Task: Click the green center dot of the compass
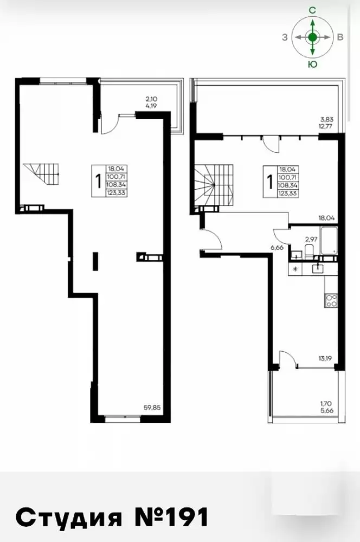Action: pyautogui.click(x=313, y=37)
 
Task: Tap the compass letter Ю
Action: pyautogui.click(x=313, y=64)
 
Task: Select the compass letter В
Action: pyautogui.click(x=340, y=37)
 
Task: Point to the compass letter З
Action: pyautogui.click(x=285, y=37)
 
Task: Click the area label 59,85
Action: pyautogui.click(x=152, y=407)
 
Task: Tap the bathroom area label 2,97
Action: pyautogui.click(x=311, y=238)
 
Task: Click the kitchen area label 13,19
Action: pyautogui.click(x=325, y=358)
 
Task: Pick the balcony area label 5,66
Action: pyautogui.click(x=326, y=411)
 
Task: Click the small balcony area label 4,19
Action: pyautogui.click(x=151, y=106)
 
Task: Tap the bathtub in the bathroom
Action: pyautogui.click(x=329, y=241)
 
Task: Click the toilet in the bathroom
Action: pyautogui.click(x=309, y=250)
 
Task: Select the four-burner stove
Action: pyautogui.click(x=331, y=300)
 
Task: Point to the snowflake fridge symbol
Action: pyautogui.click(x=295, y=269)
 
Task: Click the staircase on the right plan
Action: pyautogui.click(x=214, y=185)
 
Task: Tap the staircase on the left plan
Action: pyautogui.click(x=41, y=174)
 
